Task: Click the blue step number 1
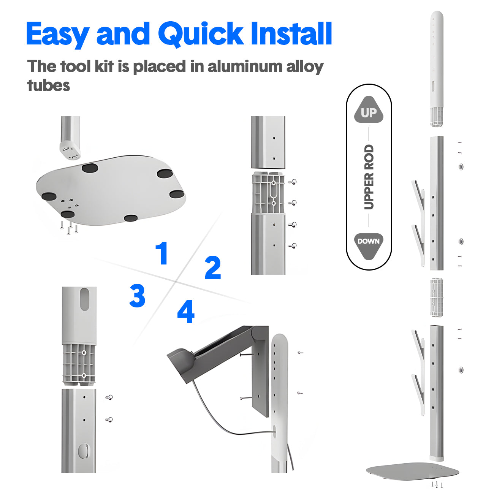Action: click(162, 253)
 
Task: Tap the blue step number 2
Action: click(213, 267)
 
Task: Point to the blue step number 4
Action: click(186, 311)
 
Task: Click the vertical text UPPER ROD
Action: click(369, 177)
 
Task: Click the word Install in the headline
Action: click(291, 33)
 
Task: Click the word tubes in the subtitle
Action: click(49, 85)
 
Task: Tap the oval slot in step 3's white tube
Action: click(85, 299)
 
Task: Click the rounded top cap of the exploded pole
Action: click(437, 19)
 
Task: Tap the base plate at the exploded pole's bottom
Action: click(412, 472)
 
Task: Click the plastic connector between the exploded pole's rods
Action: click(437, 297)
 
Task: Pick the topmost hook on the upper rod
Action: click(418, 199)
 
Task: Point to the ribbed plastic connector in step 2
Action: click(268, 193)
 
